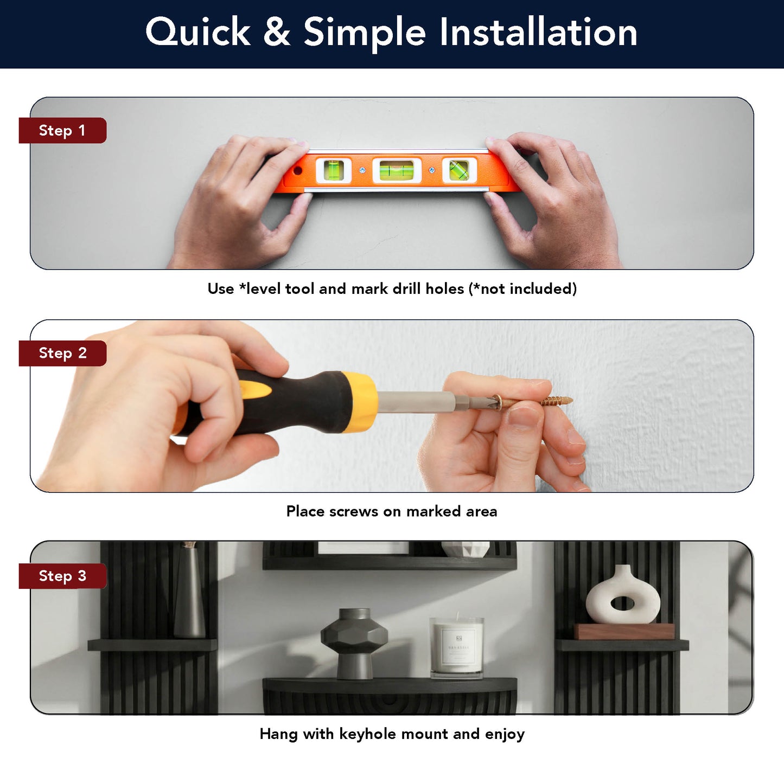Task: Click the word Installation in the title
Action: pyautogui.click(x=538, y=33)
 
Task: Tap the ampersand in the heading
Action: pyautogui.click(x=277, y=33)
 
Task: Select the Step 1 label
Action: pyautogui.click(x=62, y=131)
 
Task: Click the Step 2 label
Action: pyautogui.click(x=62, y=353)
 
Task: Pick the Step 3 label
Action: pyautogui.click(x=62, y=576)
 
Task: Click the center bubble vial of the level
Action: pyautogui.click(x=396, y=170)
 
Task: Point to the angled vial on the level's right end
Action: pyautogui.click(x=458, y=170)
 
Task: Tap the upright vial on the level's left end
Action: pyautogui.click(x=334, y=170)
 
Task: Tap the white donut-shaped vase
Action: pyautogui.click(x=623, y=594)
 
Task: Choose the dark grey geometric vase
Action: pyautogui.click(x=354, y=644)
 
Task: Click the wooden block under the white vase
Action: pyautogui.click(x=624, y=631)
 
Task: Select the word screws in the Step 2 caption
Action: pyautogui.click(x=354, y=511)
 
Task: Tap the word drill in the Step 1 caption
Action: pyautogui.click(x=407, y=288)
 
